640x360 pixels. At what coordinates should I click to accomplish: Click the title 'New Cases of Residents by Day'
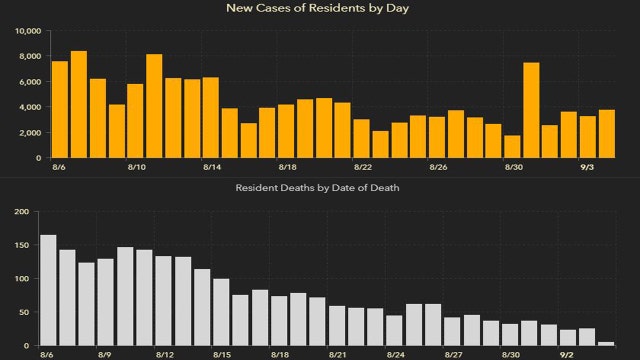[319, 9]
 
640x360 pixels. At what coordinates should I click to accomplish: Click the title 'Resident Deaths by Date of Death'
[319, 188]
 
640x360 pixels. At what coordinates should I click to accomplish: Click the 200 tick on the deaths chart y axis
[21, 212]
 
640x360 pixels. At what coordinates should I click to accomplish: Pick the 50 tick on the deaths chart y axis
[23, 313]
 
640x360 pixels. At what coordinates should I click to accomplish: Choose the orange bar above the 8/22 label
[361, 139]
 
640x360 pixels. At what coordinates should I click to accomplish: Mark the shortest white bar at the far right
[606, 344]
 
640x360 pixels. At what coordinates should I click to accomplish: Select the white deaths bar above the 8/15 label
[221, 313]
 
